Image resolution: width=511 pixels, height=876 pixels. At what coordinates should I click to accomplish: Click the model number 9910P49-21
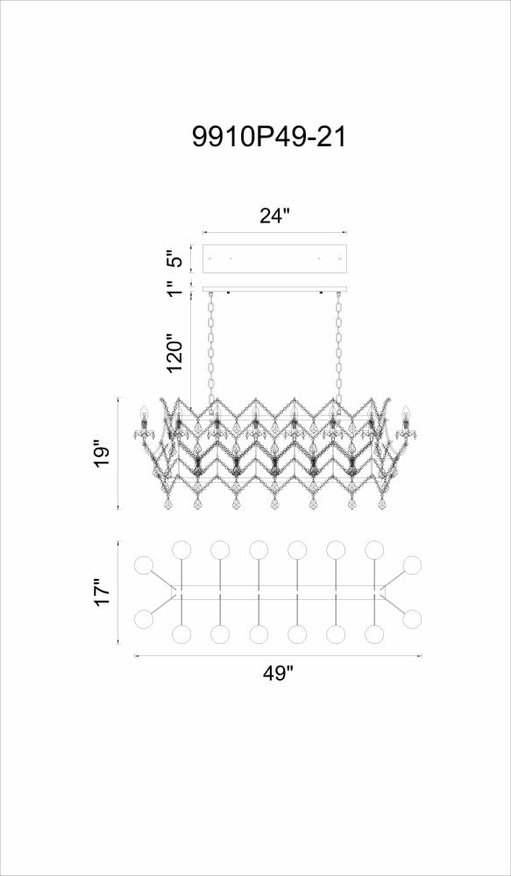[x=269, y=137]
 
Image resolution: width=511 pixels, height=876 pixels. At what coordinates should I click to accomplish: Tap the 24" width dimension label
[x=274, y=215]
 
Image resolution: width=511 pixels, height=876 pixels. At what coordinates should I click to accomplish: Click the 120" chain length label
[x=176, y=354]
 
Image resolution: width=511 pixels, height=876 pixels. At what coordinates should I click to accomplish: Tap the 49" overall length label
[x=278, y=674]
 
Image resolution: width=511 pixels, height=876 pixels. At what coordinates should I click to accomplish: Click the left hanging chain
[x=211, y=346]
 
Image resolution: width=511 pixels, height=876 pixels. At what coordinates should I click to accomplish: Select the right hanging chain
[x=339, y=346]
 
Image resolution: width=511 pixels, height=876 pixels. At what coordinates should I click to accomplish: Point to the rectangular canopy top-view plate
[x=274, y=258]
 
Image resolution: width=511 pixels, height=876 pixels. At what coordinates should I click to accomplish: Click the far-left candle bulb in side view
[x=143, y=414]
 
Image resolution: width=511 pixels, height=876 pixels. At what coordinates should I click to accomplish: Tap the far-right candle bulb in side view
[x=406, y=414]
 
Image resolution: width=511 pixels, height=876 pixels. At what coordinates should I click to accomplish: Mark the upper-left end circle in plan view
[x=145, y=565]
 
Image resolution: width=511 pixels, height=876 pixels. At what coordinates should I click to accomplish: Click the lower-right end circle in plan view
[x=413, y=619]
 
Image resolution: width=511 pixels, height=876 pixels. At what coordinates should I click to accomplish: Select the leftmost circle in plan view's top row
[x=181, y=550]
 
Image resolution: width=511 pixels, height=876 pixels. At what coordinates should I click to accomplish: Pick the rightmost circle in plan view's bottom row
[x=374, y=634]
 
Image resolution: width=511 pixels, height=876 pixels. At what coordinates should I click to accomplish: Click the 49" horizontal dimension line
[x=278, y=656]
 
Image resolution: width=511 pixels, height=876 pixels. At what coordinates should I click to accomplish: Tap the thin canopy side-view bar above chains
[x=274, y=289]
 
